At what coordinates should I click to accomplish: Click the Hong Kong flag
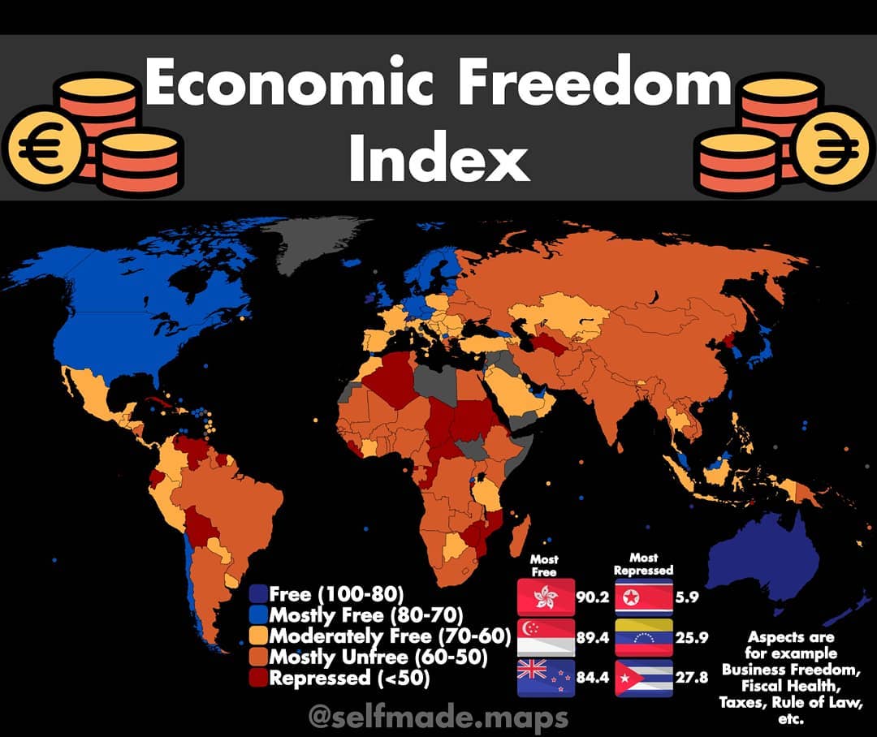coord(546,598)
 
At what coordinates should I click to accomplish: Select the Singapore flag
coord(546,638)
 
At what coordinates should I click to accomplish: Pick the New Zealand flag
coord(546,678)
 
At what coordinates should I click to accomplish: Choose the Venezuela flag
coord(644,638)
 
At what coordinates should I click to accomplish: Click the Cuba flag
coord(644,678)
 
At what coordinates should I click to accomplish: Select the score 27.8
coord(692,679)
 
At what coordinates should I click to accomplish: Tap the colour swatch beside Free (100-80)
coord(258,593)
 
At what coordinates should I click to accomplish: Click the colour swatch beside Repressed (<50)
coord(258,678)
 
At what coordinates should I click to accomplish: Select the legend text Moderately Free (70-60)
coord(389,636)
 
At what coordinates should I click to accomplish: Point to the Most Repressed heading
coord(644,564)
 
